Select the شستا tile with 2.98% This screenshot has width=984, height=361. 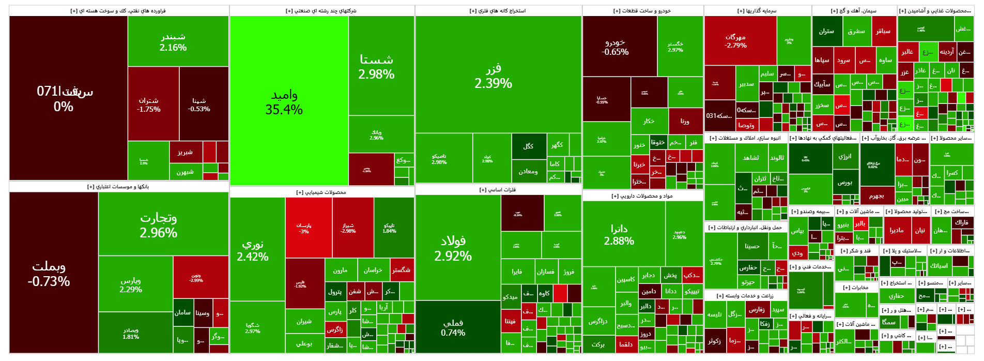click(x=376, y=66)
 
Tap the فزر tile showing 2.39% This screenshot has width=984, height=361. click(x=494, y=76)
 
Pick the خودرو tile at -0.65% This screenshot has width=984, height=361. click(x=615, y=47)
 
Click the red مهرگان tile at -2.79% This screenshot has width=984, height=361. click(x=735, y=41)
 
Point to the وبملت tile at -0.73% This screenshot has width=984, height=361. click(x=49, y=273)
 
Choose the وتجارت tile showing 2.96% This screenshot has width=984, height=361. click(x=159, y=224)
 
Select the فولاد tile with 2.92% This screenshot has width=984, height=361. click(x=453, y=248)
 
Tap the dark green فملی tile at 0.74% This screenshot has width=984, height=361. click(x=453, y=327)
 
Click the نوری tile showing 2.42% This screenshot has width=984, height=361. click(x=253, y=250)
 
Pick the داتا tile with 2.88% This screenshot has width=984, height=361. click(x=619, y=234)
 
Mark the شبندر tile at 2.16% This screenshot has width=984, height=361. click(x=173, y=41)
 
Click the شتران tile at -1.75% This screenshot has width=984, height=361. click(x=149, y=104)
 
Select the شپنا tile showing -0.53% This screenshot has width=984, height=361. click(x=199, y=104)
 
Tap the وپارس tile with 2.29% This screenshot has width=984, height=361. click(x=131, y=284)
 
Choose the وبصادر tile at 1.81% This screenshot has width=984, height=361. click(x=131, y=333)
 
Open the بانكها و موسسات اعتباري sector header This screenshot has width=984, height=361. click(x=118, y=187)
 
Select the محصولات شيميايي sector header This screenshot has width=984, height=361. click(x=321, y=192)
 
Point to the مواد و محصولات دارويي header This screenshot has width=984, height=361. click(x=642, y=196)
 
